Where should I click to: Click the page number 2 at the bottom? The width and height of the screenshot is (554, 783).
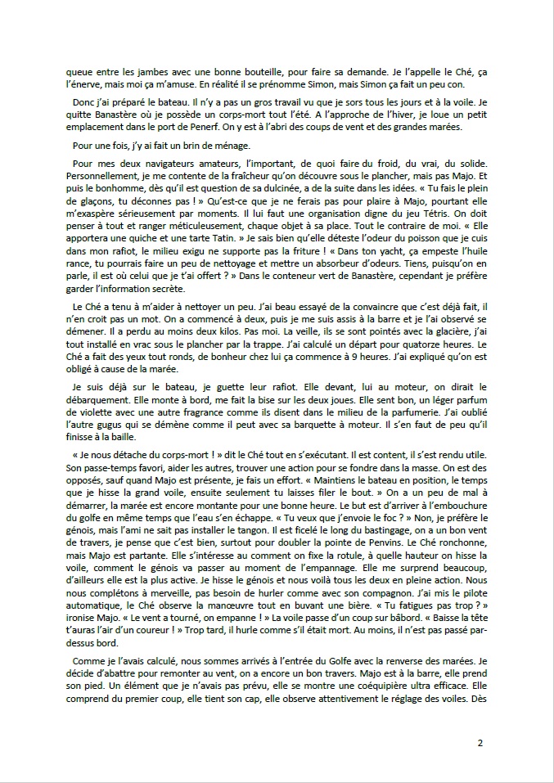[480, 743]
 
